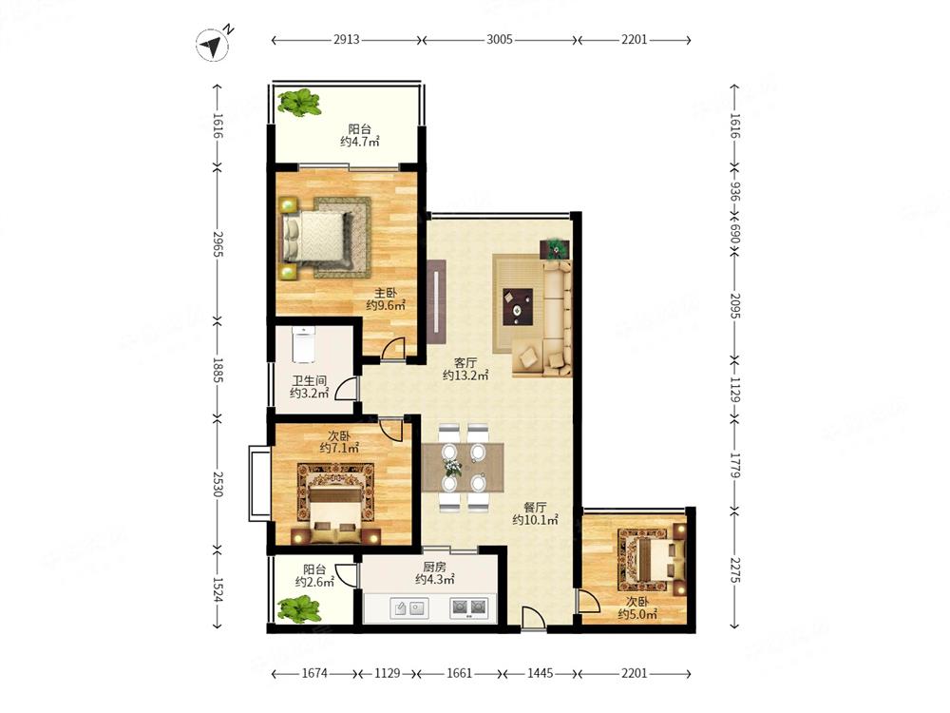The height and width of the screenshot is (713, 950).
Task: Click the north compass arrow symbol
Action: coord(212,46)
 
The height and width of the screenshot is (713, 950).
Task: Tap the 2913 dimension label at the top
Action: coord(346,40)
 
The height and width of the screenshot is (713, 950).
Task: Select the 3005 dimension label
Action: coord(500,40)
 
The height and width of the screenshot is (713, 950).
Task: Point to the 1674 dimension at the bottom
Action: coord(314,673)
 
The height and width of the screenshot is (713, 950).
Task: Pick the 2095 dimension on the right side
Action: coord(735,306)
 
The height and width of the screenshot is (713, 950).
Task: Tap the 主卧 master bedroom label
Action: coord(385,294)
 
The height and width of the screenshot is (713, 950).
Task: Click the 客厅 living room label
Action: coord(465,363)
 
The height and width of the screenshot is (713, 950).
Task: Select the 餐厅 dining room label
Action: coord(535,508)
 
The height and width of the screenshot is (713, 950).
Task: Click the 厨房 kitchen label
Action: coord(434,567)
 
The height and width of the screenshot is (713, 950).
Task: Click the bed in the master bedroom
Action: coord(315,237)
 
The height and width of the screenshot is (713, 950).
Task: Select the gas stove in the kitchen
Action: coord(469,607)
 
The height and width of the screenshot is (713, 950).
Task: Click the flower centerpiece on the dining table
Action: coord(452,466)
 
